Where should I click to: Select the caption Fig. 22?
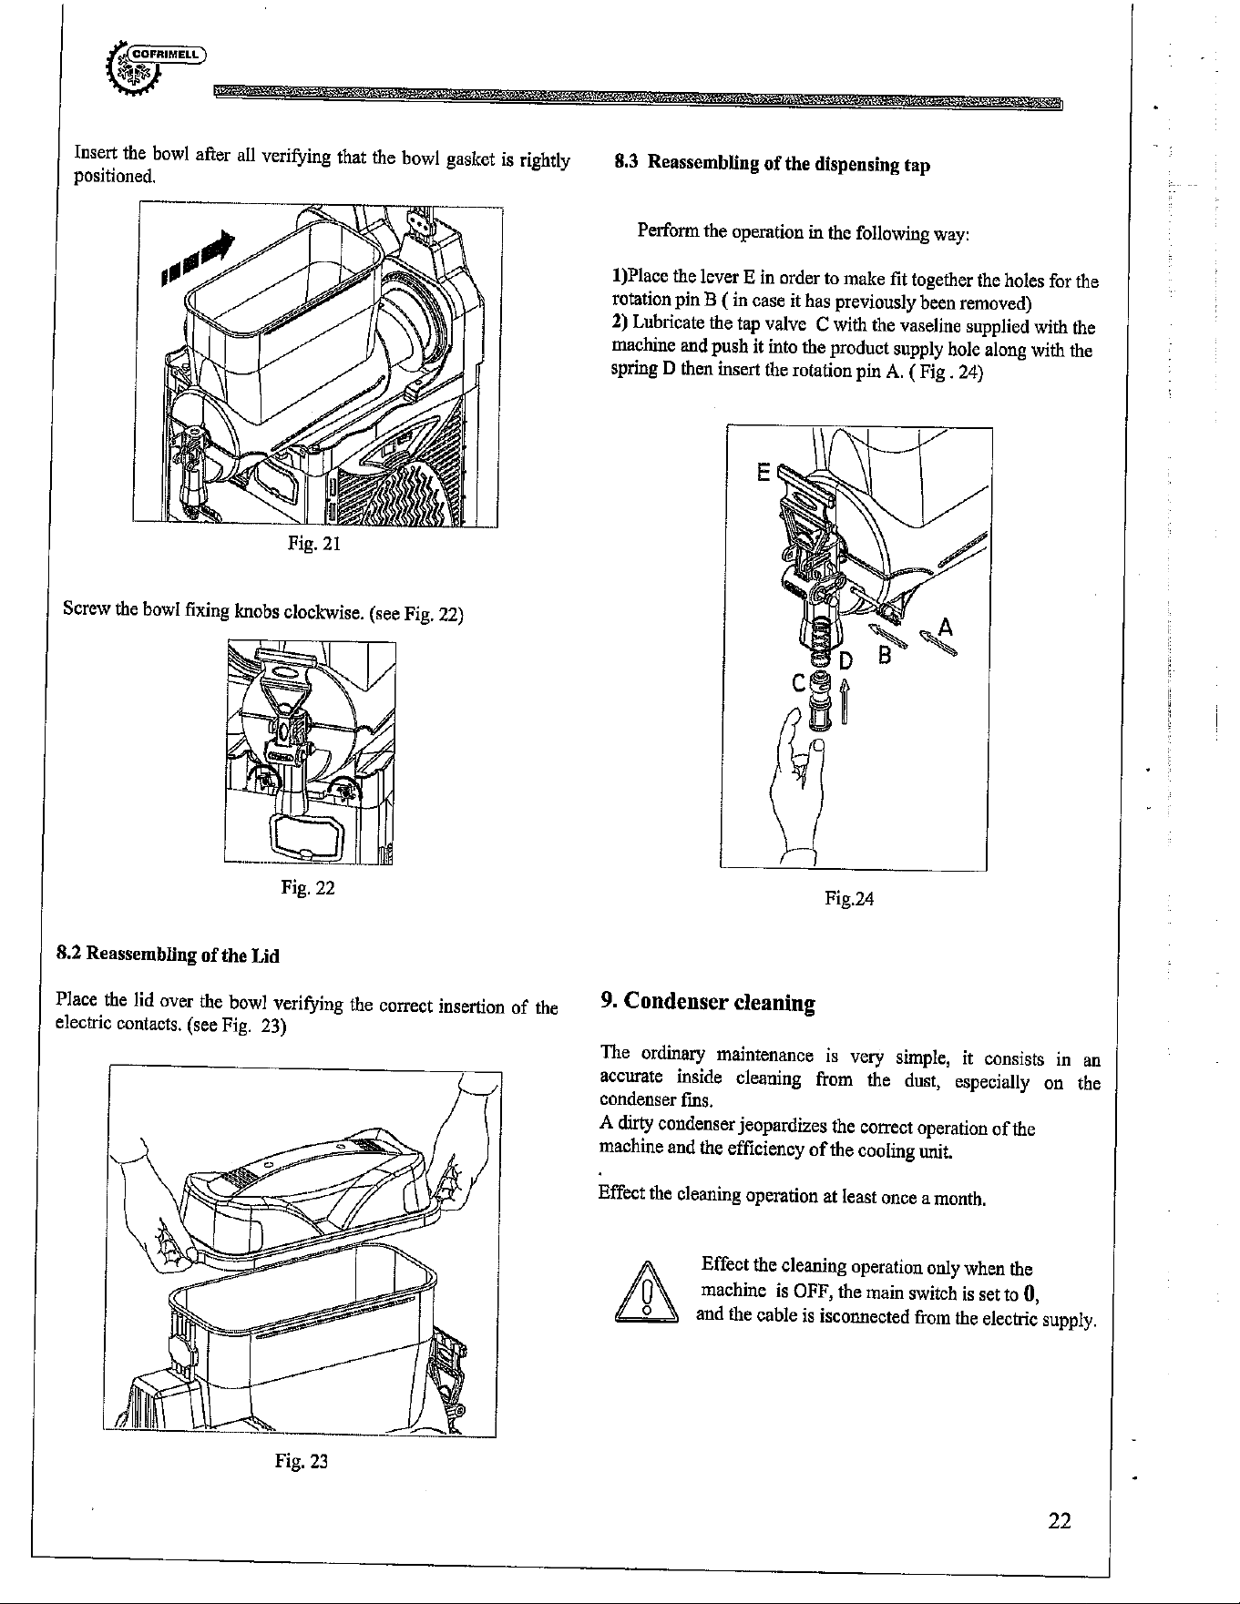309,887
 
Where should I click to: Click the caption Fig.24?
849,900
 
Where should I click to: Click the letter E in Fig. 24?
763,473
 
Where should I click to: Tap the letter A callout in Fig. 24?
946,628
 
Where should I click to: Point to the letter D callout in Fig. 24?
845,659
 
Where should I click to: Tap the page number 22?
1058,1520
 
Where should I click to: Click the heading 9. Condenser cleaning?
707,1003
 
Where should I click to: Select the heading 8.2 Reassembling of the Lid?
168,955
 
